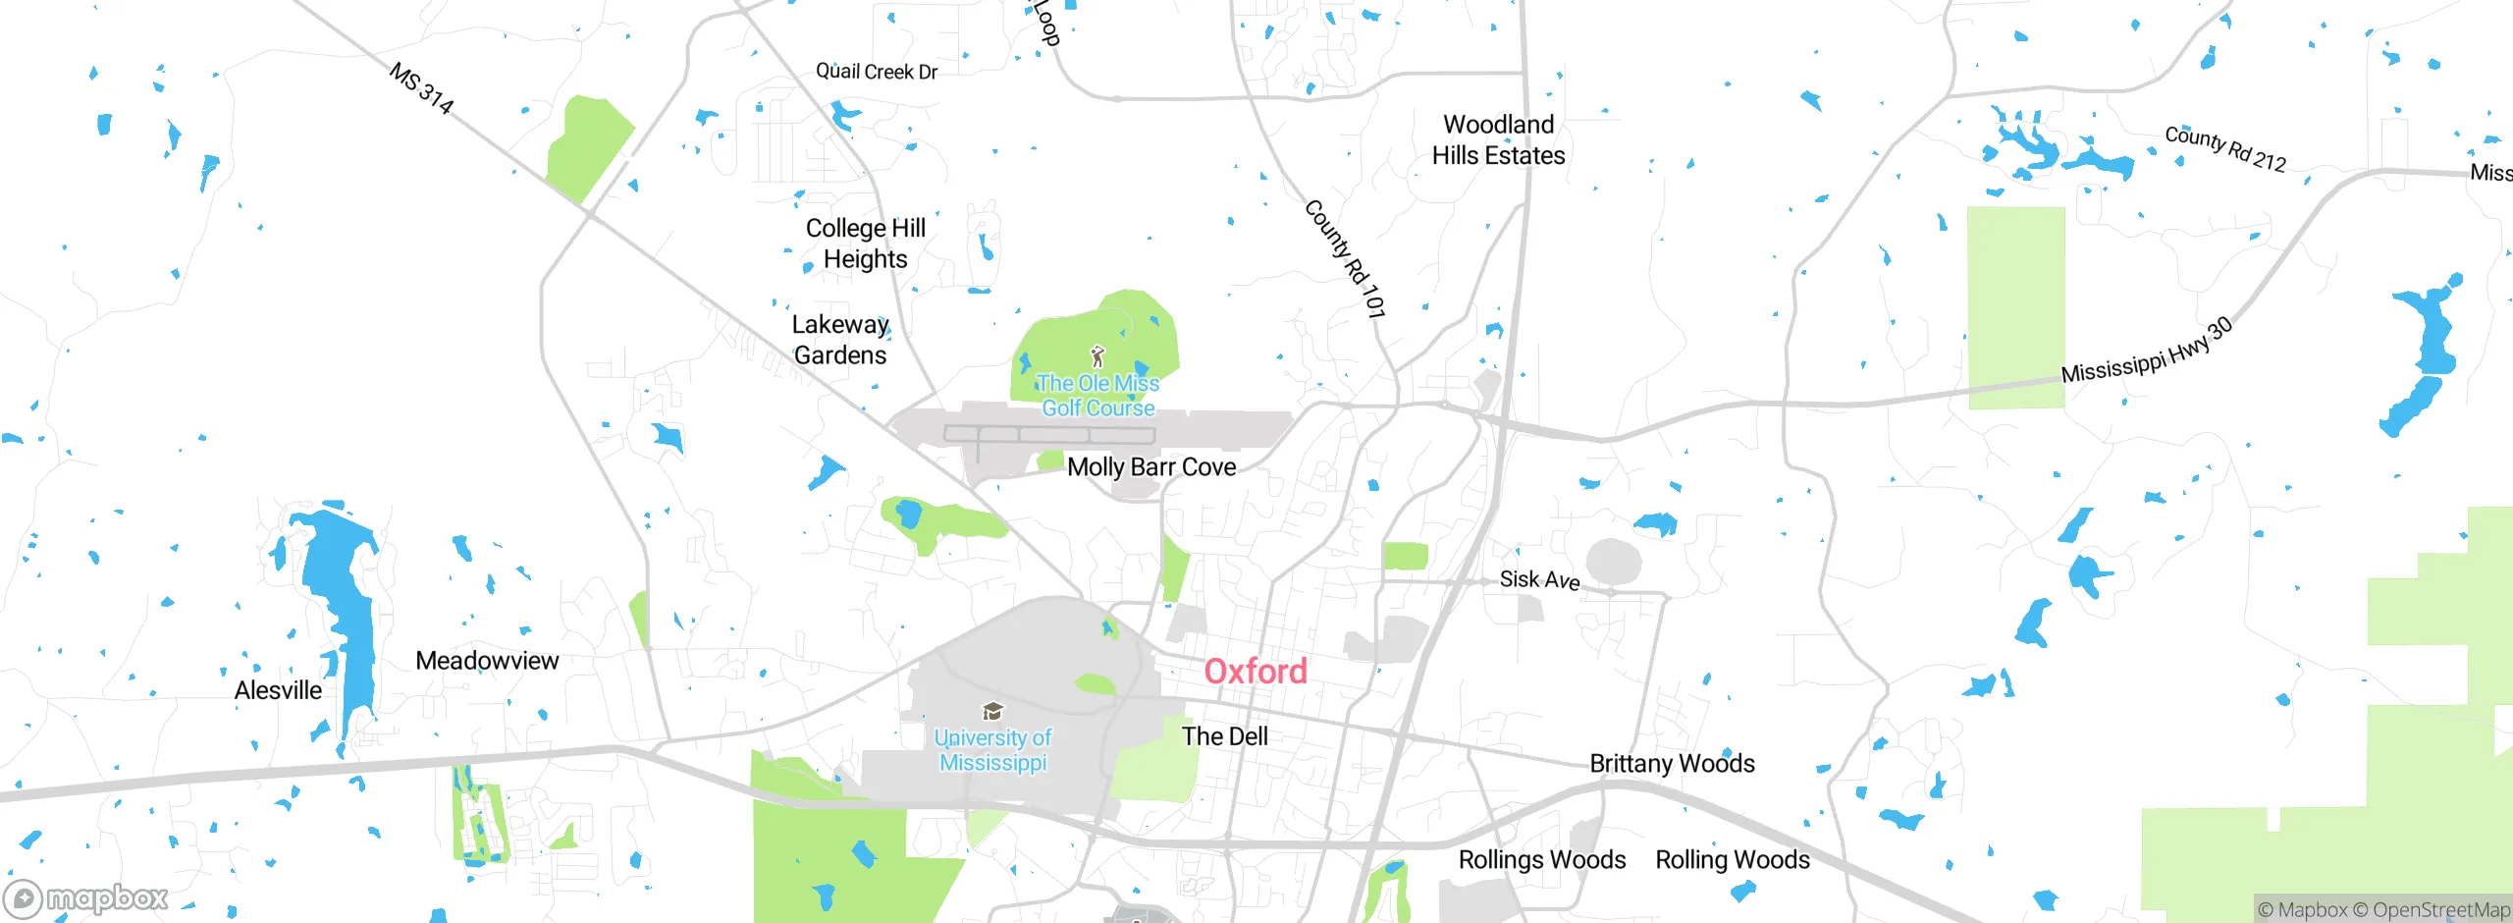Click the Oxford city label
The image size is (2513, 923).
point(1256,672)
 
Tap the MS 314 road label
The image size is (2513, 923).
point(422,88)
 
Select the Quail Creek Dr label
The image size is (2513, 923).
point(877,71)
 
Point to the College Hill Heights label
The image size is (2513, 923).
point(866,244)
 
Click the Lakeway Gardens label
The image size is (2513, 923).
point(840,340)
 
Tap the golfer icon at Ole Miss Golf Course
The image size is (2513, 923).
point(1097,356)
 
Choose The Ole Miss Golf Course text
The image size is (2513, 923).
point(1097,396)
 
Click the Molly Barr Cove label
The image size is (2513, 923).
point(1151,467)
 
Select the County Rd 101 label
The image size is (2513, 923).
point(1346,259)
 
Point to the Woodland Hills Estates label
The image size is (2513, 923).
point(1498,140)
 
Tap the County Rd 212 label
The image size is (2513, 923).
point(2225,149)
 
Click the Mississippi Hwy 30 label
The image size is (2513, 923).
point(2147,352)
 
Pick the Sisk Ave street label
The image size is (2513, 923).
point(1539,580)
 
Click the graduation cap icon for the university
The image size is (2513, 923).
point(992,712)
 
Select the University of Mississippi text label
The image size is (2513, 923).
point(992,750)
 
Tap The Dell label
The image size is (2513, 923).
point(1224,736)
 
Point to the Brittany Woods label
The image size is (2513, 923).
point(1672,764)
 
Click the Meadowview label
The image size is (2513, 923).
point(487,661)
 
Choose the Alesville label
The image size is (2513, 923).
point(278,690)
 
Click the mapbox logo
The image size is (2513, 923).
point(86,898)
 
